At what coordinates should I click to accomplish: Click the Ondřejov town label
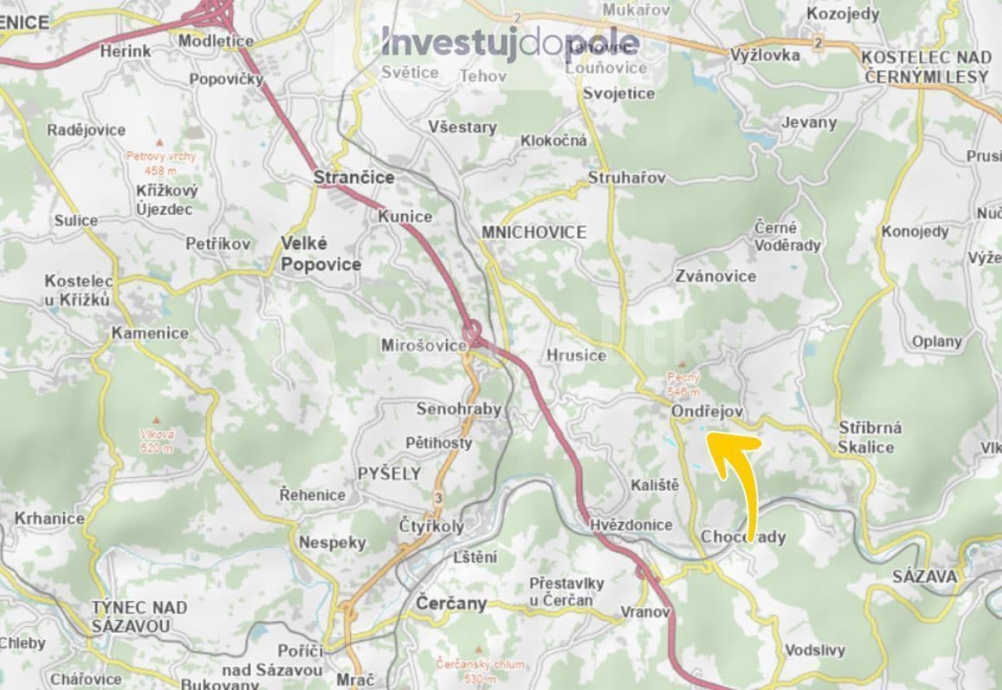click(x=706, y=413)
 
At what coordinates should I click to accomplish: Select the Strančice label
click(x=354, y=178)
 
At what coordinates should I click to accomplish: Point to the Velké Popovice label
click(x=321, y=254)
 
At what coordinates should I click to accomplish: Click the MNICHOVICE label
click(x=534, y=232)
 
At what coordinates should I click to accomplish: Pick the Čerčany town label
click(x=451, y=603)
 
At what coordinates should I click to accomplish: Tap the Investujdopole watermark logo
click(x=510, y=43)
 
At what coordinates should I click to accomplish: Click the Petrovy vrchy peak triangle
click(x=160, y=141)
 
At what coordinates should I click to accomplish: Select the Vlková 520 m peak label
click(x=158, y=442)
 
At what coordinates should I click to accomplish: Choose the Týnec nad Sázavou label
click(x=139, y=616)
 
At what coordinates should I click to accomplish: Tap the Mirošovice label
click(x=423, y=345)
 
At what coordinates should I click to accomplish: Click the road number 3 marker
click(x=438, y=498)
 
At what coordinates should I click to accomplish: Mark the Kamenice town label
click(x=150, y=332)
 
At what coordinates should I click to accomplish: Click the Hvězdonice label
click(x=631, y=524)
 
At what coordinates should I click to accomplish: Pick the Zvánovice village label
click(x=716, y=276)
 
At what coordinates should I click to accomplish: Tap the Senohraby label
click(x=458, y=409)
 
